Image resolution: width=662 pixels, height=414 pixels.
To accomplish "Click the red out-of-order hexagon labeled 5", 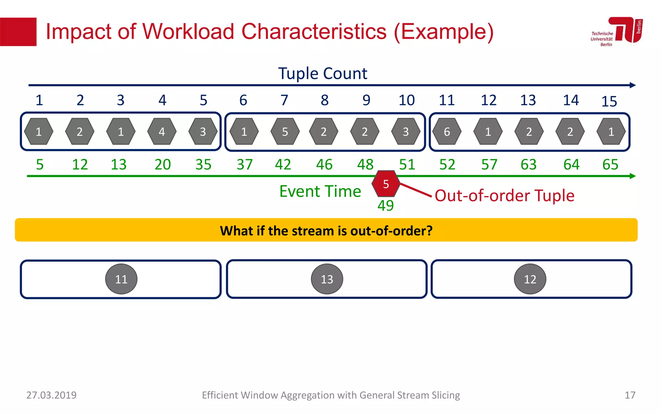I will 386,184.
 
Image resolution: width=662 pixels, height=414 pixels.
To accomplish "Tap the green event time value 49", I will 386,206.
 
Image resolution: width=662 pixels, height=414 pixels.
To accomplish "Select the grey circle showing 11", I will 121,279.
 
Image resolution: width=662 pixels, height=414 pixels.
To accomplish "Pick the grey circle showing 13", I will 327,279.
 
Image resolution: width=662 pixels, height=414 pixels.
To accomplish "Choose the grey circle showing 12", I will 530,279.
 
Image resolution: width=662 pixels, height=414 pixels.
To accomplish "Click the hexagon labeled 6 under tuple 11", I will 447,132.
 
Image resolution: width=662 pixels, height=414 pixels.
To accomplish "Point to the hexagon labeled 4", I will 162,132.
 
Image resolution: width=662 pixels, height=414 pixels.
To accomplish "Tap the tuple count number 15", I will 609,102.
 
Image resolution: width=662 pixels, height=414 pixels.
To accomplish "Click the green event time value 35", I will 203,165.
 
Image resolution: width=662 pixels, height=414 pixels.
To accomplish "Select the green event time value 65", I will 610,165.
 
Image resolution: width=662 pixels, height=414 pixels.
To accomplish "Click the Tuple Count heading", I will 323,74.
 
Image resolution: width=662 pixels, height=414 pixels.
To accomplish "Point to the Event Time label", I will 320,191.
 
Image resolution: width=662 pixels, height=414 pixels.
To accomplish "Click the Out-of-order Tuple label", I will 504,196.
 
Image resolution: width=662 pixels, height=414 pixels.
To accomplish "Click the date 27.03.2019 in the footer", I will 51,395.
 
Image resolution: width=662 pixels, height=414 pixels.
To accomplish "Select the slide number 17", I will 630,395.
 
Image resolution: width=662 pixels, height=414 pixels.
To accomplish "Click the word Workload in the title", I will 188,32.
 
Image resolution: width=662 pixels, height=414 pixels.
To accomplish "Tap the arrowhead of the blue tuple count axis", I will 633,85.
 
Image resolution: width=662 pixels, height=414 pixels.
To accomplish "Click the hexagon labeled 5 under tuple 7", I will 285,132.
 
